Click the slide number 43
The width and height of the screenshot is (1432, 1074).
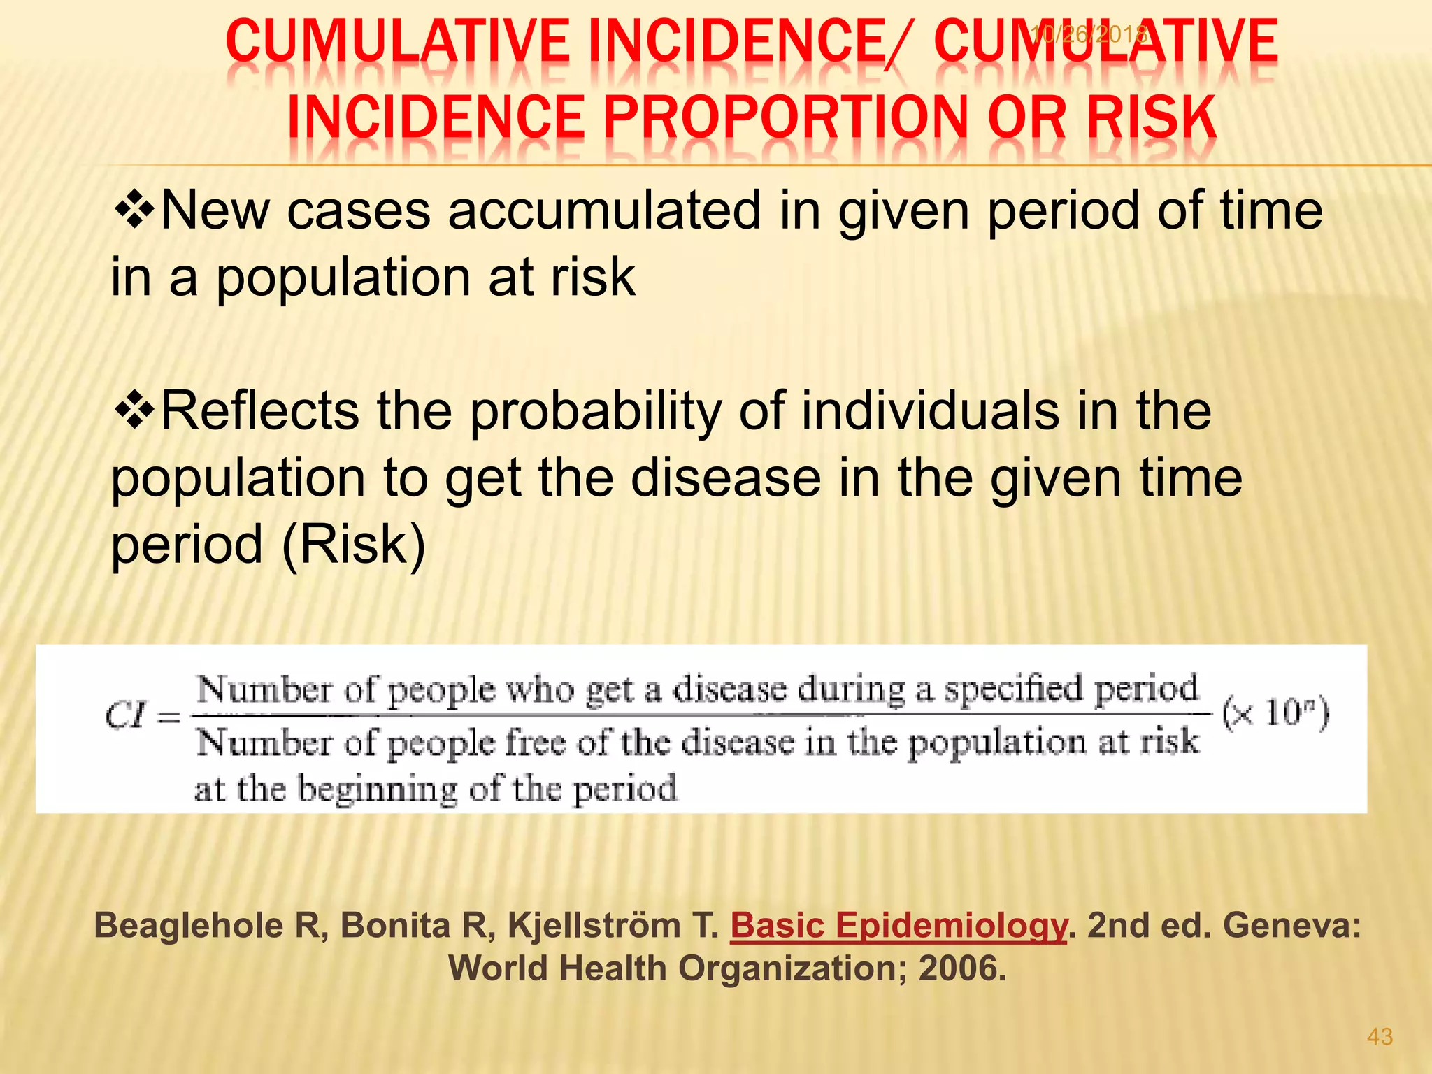click(1380, 1036)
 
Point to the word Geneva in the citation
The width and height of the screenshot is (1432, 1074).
click(1291, 926)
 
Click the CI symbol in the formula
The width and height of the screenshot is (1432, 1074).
click(124, 715)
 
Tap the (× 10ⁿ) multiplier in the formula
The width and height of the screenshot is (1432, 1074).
click(1275, 714)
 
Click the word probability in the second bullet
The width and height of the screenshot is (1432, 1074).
click(596, 411)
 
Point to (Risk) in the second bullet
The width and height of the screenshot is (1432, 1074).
click(354, 545)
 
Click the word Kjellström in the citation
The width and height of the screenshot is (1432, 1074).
click(594, 926)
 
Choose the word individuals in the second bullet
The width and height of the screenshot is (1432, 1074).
click(930, 411)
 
